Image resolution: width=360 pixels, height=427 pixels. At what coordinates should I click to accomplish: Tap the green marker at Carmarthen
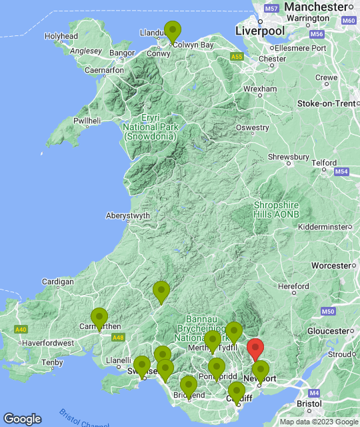(x=99, y=318)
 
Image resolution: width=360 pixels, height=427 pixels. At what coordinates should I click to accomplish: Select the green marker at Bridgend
(x=189, y=386)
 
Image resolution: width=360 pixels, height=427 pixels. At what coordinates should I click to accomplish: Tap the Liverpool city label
(x=260, y=31)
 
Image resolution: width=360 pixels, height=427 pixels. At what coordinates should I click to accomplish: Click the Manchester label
(x=315, y=6)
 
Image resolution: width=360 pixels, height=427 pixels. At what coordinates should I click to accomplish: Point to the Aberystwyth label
(x=128, y=216)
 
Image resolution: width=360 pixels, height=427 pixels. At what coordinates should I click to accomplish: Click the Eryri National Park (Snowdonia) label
(x=149, y=127)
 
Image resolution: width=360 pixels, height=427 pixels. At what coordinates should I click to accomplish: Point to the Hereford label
(x=293, y=286)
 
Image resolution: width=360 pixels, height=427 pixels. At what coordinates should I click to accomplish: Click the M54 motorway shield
(x=341, y=172)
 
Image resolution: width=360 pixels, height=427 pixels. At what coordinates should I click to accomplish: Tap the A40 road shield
(x=21, y=330)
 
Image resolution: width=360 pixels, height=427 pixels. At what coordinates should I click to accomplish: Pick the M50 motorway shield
(x=327, y=312)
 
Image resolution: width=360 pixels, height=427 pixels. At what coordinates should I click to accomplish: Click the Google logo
(x=22, y=419)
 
